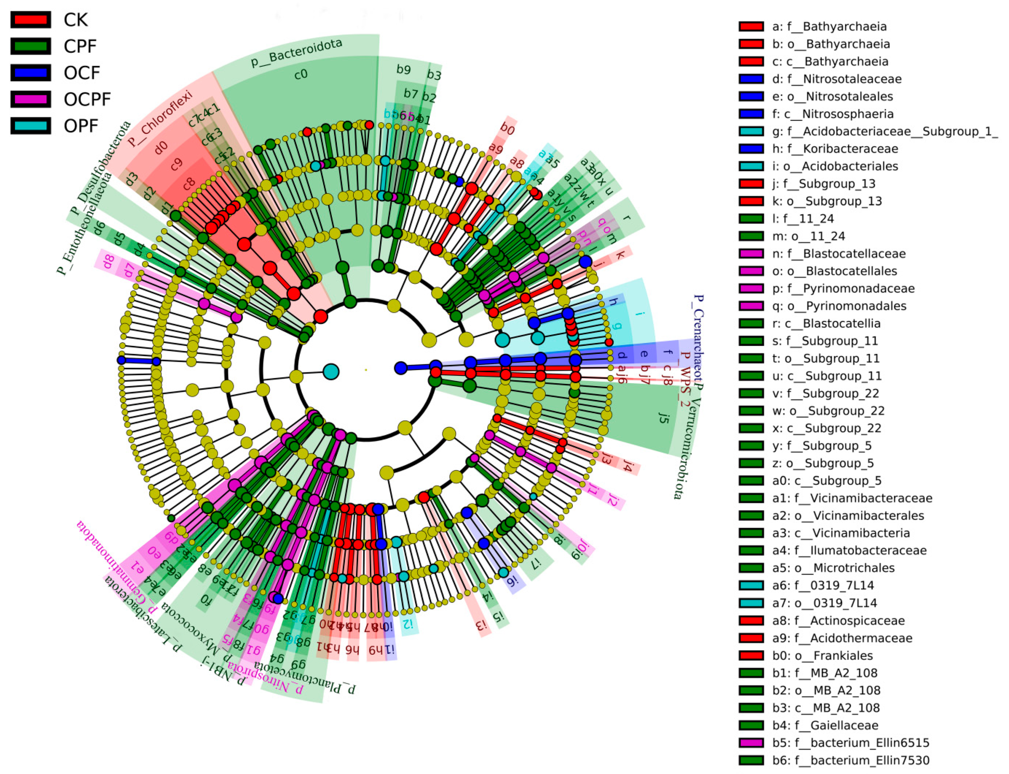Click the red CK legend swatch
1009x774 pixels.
pyautogui.click(x=30, y=20)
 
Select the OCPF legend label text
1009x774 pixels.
pyautogui.click(x=87, y=99)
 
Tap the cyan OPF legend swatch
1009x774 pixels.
pyautogui.click(x=30, y=126)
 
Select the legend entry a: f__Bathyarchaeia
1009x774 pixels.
pyautogui.click(x=829, y=26)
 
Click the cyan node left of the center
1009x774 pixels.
pyautogui.click(x=331, y=371)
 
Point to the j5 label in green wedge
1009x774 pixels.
pyautogui.click(x=663, y=418)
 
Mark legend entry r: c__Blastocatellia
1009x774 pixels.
pyautogui.click(x=826, y=323)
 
